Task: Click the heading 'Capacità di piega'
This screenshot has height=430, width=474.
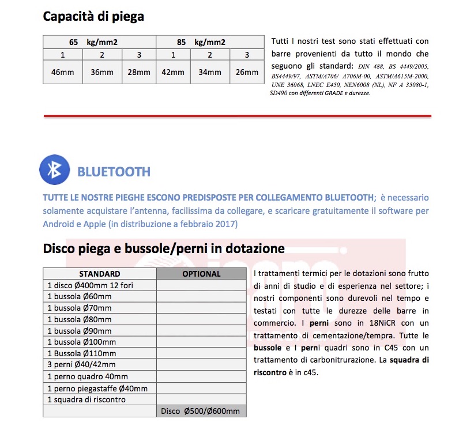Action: tap(93, 16)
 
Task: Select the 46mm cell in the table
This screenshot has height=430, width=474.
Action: tap(62, 73)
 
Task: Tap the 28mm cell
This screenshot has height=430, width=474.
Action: tap(139, 73)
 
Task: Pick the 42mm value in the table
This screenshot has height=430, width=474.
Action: tap(173, 73)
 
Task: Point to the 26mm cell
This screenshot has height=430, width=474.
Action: tap(247, 73)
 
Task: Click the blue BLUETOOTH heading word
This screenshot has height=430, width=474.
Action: tap(114, 172)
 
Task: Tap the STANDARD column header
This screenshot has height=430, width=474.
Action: tap(100, 274)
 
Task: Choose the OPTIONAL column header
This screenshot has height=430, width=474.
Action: tap(201, 274)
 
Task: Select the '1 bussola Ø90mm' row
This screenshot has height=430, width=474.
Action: tap(80, 331)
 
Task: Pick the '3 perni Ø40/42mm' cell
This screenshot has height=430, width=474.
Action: tap(81, 365)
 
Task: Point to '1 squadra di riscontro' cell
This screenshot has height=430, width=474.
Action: tap(86, 399)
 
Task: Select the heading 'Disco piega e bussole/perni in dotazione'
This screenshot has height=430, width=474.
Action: tap(164, 248)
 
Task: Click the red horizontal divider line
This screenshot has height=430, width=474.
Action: tap(237, 116)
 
